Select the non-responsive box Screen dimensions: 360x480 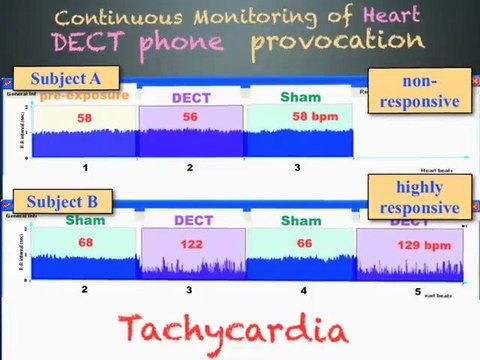tap(414, 90)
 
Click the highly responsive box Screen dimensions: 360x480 tap(414, 197)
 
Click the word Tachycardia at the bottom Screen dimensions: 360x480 tap(235, 330)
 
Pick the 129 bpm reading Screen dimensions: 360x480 tap(405, 241)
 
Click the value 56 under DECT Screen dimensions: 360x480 tap(190, 117)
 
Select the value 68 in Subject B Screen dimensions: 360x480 tap(85, 241)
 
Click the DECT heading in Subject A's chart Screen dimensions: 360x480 tap(190, 98)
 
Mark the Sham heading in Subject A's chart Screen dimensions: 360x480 tap(300, 97)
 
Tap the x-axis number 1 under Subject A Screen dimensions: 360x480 tap(85, 167)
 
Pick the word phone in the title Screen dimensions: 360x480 tap(195, 42)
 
